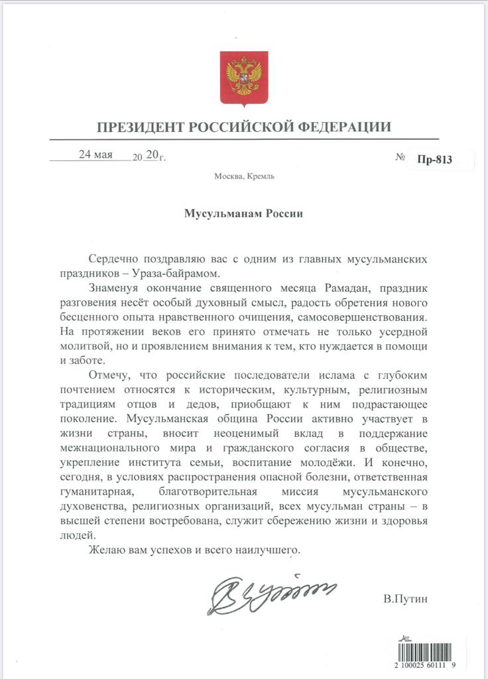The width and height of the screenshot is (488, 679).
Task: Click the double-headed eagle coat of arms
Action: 244,79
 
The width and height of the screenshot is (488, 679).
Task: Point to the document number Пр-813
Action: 434,159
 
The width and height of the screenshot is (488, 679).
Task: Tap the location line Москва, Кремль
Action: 244,176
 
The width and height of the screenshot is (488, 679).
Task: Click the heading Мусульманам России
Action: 243,214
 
